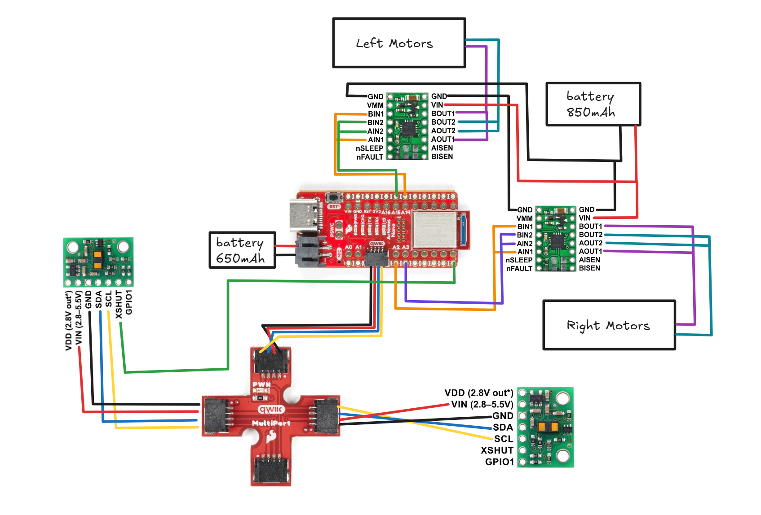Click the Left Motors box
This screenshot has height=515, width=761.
pos(398,43)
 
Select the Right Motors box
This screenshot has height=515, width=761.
pos(609,325)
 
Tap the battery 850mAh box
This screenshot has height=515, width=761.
pos(593,104)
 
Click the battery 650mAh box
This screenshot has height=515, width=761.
pos(242,250)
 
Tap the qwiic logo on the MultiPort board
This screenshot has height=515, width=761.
pos(271,409)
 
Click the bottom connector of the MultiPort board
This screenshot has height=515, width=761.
pos(271,469)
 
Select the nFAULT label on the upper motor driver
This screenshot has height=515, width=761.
pos(370,157)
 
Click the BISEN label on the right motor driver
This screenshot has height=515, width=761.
pos(589,268)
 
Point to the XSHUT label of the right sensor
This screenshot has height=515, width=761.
pos(497,450)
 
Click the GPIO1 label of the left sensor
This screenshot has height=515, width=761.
pos(129,302)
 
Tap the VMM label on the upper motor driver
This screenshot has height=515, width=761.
pos(375,105)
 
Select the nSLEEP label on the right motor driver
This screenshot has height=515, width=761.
pos(519,260)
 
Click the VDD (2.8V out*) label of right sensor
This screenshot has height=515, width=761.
pos(478,393)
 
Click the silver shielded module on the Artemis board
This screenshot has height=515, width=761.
pos(434,229)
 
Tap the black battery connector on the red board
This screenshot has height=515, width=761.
pos(308,252)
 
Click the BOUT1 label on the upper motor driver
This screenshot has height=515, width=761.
pos(443,113)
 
